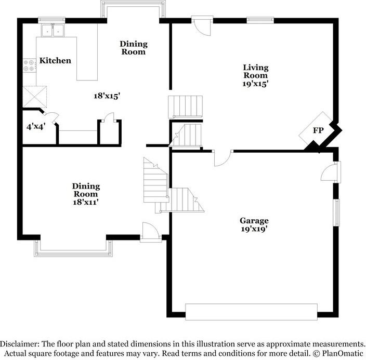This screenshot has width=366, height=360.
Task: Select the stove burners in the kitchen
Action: [29, 65]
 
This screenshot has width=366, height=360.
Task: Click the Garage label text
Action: [254, 220]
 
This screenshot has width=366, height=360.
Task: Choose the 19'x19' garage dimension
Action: [254, 228]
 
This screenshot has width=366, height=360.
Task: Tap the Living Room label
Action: [256, 71]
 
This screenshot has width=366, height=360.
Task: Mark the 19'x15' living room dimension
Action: [256, 83]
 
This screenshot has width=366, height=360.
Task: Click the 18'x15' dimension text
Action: [107, 96]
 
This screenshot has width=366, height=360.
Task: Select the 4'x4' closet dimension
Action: [35, 125]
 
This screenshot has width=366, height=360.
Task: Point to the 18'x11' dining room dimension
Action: [86, 202]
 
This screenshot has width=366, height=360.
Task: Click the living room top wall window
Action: [260, 20]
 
